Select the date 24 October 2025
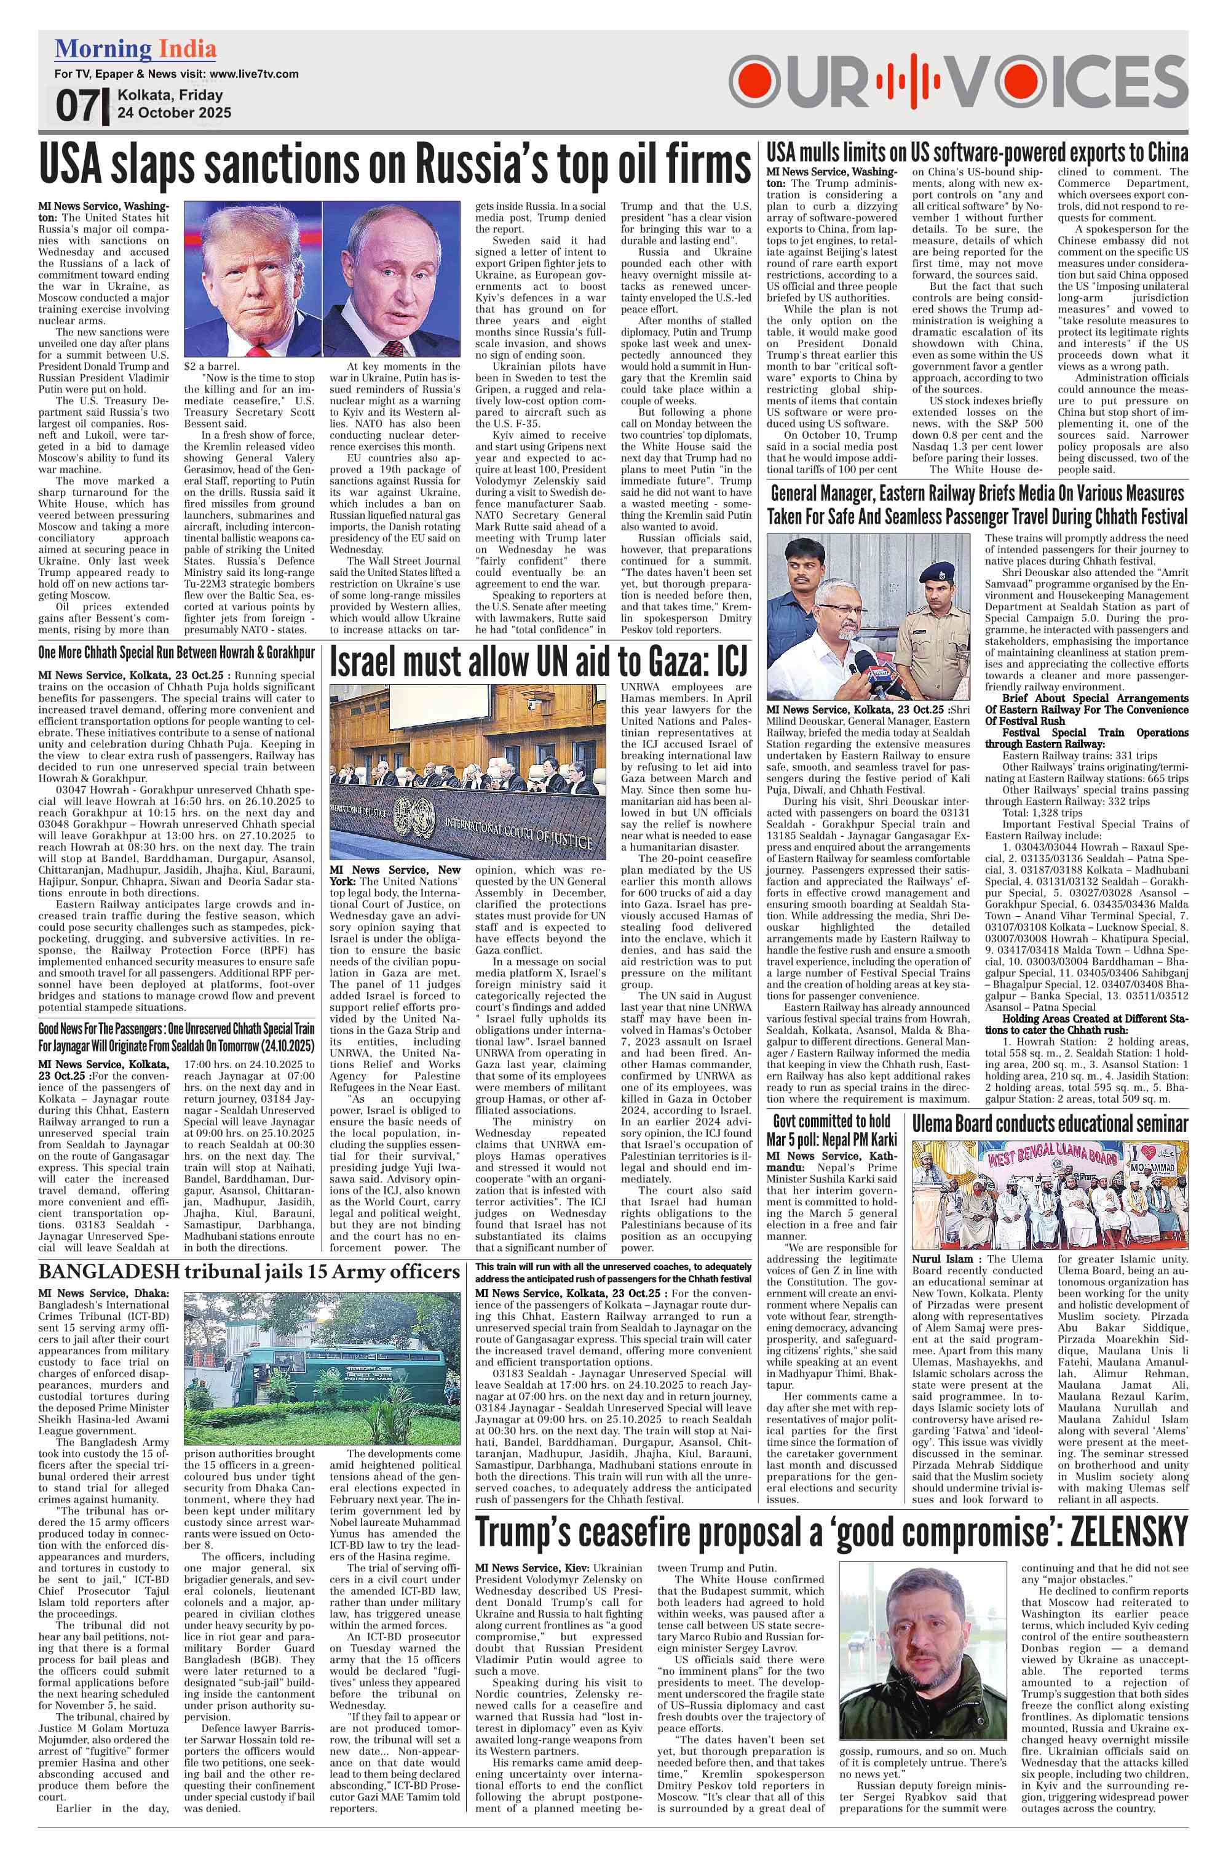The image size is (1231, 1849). [174, 113]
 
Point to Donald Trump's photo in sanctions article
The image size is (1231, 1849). [252, 279]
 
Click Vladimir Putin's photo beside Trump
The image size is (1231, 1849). [391, 279]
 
